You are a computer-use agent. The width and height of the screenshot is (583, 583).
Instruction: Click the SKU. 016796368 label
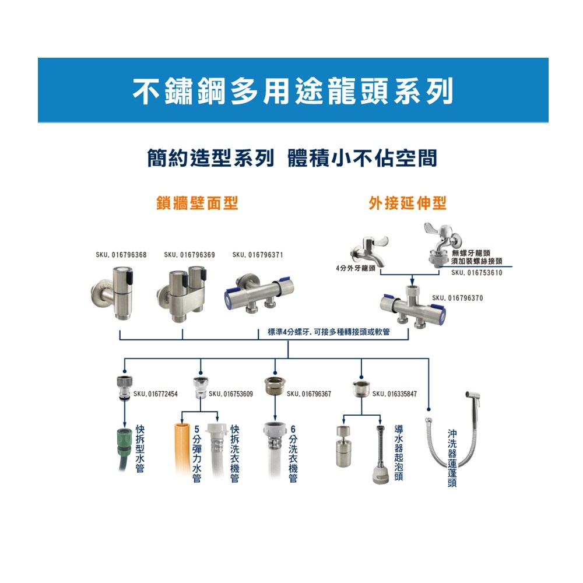point(121,255)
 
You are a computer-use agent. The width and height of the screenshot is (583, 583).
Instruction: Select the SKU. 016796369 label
point(189,255)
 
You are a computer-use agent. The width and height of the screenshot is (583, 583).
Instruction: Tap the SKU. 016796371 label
point(257,255)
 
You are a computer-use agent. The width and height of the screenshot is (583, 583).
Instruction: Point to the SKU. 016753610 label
point(476,272)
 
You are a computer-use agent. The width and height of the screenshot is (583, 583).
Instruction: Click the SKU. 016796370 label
point(457,298)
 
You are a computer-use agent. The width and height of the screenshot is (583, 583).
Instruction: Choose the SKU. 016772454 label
point(155,394)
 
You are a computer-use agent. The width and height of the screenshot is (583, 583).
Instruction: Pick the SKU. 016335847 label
point(394,394)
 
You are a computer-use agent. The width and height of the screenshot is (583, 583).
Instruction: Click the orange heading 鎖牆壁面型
point(197,203)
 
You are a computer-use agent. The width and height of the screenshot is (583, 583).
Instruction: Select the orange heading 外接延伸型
point(408,203)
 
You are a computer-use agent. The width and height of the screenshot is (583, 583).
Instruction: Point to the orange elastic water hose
point(182,452)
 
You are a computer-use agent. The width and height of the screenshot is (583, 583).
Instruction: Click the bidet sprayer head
point(470,402)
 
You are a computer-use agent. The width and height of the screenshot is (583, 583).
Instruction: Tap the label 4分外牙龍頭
point(355,268)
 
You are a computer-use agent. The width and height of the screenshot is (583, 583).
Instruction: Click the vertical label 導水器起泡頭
point(399,452)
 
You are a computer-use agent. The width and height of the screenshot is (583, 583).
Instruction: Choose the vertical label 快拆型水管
point(140,448)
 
